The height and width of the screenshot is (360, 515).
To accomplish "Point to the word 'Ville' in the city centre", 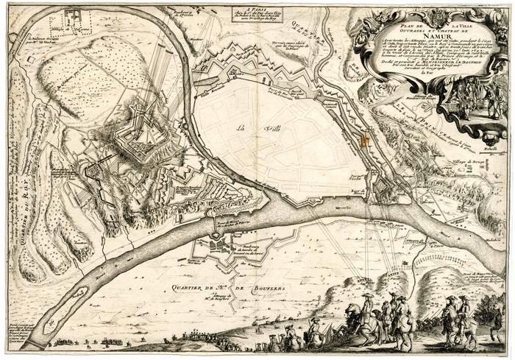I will point(257,130).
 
